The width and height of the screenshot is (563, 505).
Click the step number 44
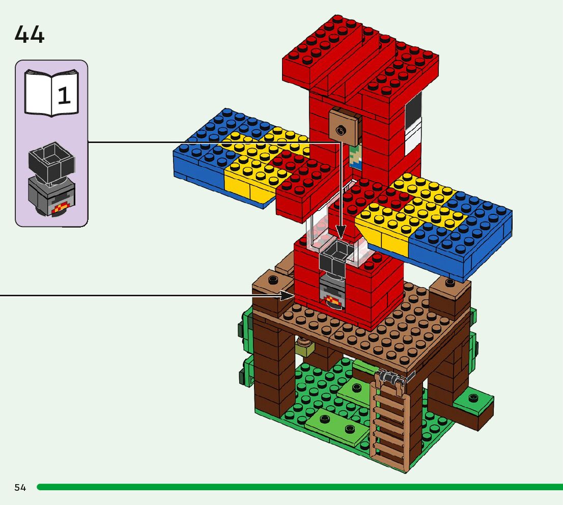30,35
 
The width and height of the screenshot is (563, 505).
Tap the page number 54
20,487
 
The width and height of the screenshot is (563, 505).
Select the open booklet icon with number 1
51,93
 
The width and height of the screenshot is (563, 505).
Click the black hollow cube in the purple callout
52,161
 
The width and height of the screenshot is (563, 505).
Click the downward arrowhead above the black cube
341,232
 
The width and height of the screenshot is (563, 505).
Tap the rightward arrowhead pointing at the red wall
287,296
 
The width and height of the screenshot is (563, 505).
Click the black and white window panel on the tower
413,124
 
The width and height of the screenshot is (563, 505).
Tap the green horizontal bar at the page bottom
300,487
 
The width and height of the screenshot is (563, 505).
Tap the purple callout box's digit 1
64,96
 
